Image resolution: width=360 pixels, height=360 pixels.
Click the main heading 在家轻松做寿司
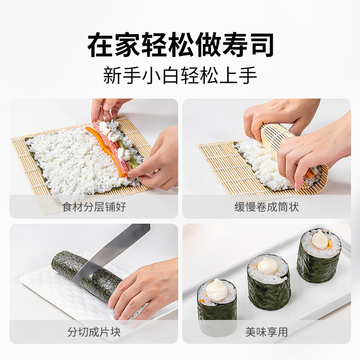click(180, 45)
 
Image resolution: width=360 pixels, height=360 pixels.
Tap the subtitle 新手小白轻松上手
click(180, 75)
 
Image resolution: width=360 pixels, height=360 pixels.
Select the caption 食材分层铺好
click(94, 207)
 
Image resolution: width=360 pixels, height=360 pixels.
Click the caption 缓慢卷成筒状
click(266, 207)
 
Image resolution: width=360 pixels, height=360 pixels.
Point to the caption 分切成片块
click(94, 332)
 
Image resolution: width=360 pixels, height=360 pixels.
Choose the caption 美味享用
click(266, 332)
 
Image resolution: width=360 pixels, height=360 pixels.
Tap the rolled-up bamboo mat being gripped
click(288, 144)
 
